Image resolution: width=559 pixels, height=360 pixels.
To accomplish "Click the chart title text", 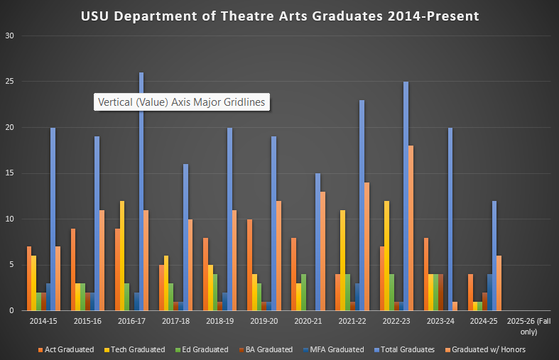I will pyautogui.click(x=280, y=16).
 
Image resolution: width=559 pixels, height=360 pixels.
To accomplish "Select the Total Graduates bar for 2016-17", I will pyautogui.click(x=141, y=192).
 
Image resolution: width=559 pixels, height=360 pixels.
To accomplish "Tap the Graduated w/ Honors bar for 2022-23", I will pyautogui.click(x=411, y=228).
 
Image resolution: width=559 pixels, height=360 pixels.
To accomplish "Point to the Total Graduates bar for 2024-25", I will pyautogui.click(x=494, y=256).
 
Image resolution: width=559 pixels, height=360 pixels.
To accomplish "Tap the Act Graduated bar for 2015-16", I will pyautogui.click(x=73, y=269).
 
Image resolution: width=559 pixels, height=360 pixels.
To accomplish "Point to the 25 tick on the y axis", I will pyautogui.click(x=9, y=82).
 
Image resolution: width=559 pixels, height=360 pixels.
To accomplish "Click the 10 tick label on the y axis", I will pyautogui.click(x=9, y=219).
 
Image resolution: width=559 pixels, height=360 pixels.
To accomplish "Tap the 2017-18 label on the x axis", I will pyautogui.click(x=176, y=322).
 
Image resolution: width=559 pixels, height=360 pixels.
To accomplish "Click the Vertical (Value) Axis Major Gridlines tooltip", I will pyautogui.click(x=181, y=102).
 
